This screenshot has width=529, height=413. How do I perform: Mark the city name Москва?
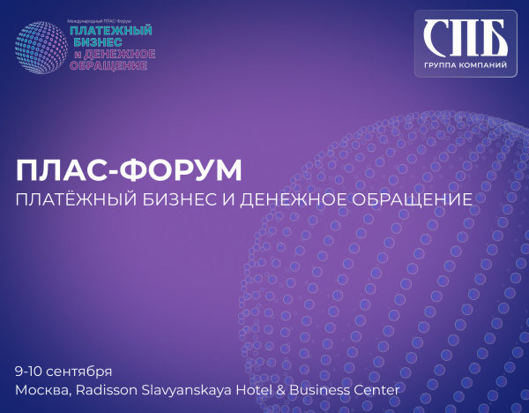(x=41, y=389)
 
